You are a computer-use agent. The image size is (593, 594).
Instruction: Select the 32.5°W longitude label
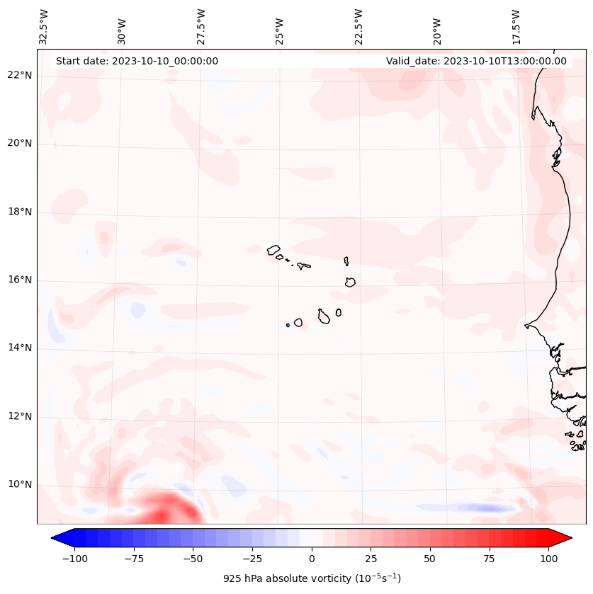44,26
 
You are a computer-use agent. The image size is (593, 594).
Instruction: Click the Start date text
137,61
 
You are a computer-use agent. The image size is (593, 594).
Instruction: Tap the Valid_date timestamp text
476,61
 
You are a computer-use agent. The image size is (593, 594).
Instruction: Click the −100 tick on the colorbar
74,559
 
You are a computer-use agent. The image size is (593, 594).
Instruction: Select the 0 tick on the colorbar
312,559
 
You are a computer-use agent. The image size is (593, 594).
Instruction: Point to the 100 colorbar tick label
548,559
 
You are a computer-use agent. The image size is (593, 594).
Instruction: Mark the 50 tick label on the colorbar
430,559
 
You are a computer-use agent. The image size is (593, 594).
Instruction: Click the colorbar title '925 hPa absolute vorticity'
312,578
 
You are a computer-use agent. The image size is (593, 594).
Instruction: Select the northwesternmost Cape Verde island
273,250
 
